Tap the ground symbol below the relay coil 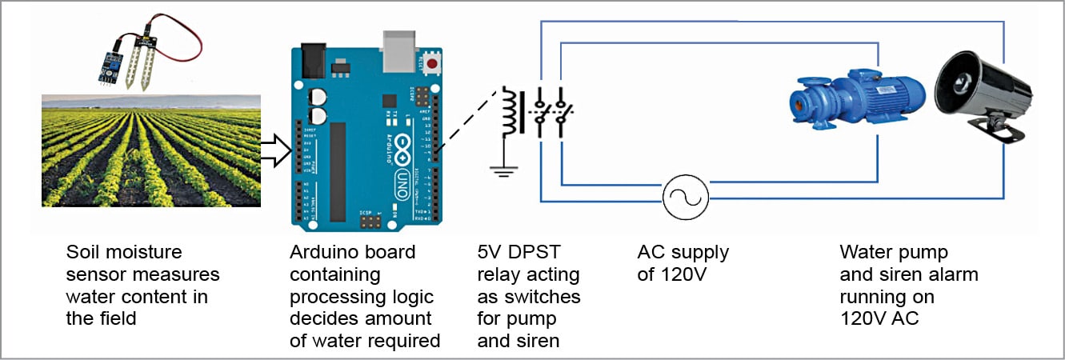(x=504, y=170)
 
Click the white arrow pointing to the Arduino (x=274, y=150)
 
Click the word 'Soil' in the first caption (x=83, y=253)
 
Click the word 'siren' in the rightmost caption (x=899, y=275)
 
